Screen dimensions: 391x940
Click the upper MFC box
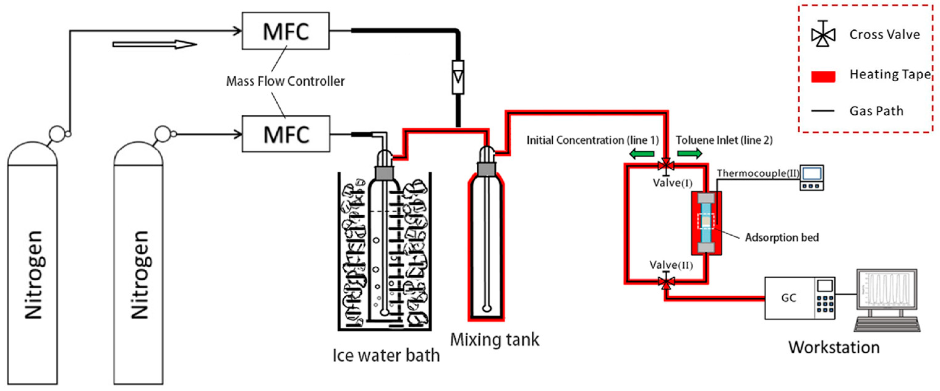[x=285, y=31]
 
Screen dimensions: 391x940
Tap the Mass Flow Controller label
[x=285, y=81]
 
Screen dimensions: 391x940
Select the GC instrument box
[x=799, y=298]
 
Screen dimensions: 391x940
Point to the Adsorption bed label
[x=782, y=238]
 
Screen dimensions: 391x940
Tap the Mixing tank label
[x=495, y=340]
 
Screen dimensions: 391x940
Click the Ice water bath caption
[x=386, y=355]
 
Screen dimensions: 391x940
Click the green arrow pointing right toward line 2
[x=689, y=154]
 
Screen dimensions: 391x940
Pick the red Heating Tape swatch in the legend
[x=823, y=77]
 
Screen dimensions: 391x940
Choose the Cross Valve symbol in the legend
[x=823, y=34]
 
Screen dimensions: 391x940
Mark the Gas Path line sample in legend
[x=823, y=111]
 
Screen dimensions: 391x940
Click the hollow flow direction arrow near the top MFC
[x=155, y=45]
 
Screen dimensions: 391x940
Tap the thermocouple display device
[x=812, y=178]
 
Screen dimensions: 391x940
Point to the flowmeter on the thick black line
[x=458, y=77]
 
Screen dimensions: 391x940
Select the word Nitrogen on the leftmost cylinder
[x=34, y=275]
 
